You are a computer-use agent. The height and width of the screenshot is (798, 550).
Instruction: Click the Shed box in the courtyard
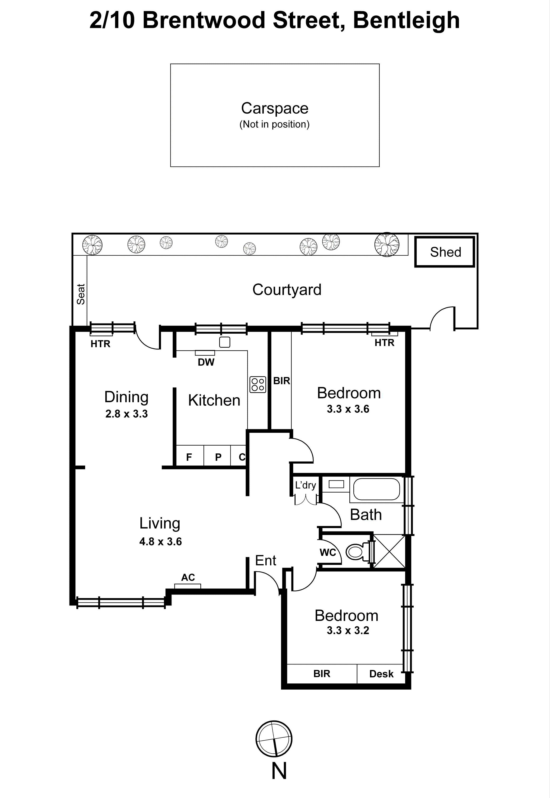pos(444,252)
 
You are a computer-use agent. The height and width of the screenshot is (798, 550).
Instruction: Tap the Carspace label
pos(275,108)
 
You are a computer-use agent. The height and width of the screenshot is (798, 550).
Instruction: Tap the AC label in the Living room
pos(188,577)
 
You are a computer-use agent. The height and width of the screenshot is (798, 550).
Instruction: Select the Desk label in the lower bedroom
pos(381,674)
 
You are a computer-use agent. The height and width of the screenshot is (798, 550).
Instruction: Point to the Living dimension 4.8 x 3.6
pos(160,542)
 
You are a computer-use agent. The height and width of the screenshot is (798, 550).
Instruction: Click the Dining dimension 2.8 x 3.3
pos(126,414)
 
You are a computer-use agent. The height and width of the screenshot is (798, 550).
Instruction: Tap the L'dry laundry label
pos(305,485)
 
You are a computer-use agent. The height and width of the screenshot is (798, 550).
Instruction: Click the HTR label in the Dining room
pos(100,344)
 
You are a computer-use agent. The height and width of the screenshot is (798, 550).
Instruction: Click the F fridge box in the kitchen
pos(189,457)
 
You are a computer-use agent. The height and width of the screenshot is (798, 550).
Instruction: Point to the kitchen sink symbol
pos(224,342)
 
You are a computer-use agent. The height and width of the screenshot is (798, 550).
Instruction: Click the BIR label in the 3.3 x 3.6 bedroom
pos(281,381)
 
